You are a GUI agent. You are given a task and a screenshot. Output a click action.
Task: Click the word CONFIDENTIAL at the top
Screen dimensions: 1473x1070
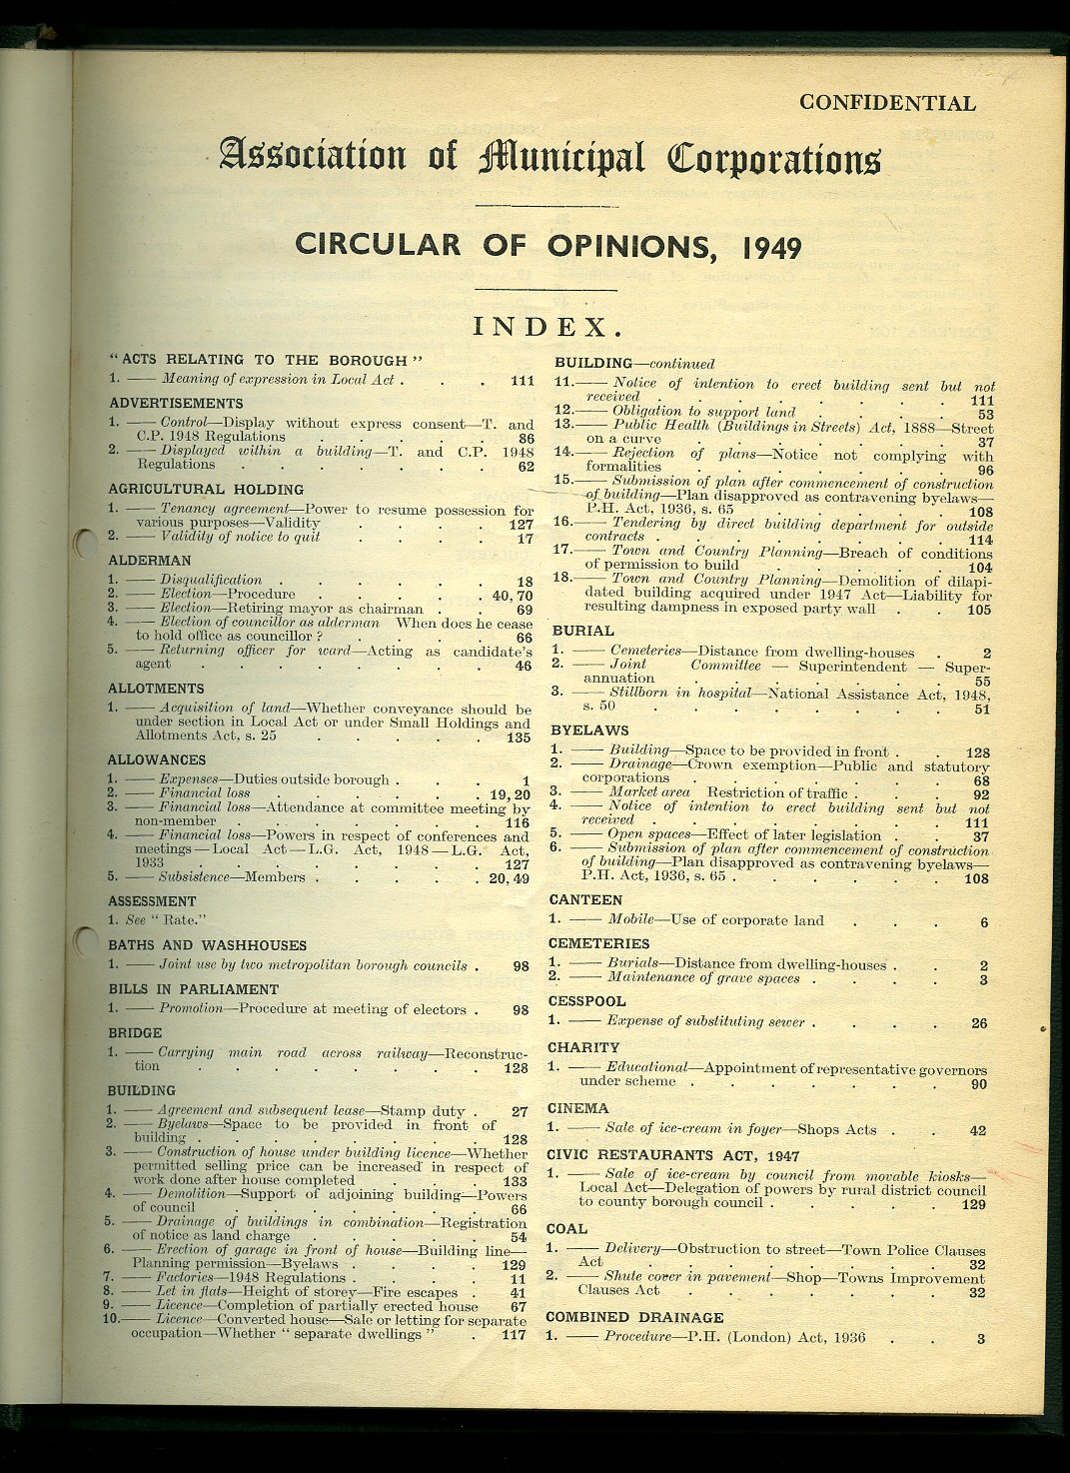(887, 103)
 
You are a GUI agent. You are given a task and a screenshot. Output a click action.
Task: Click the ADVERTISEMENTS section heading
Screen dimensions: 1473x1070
(176, 404)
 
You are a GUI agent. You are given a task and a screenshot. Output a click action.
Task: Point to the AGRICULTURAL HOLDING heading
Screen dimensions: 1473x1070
(206, 490)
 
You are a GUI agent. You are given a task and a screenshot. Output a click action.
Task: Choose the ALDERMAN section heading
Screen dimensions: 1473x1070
(149, 561)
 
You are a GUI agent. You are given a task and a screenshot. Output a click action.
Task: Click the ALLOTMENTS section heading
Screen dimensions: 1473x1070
(156, 689)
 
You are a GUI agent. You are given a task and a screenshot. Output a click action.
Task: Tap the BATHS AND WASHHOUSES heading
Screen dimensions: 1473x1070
(207, 945)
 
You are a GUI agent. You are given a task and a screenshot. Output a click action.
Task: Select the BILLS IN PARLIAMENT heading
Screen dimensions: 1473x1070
(193, 989)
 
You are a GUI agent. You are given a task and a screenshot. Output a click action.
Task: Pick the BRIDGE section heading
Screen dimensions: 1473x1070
(135, 1033)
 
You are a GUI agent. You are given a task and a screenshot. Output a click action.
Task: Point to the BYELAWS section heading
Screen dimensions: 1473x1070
(588, 731)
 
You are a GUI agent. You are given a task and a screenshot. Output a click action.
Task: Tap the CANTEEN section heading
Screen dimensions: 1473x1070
(585, 900)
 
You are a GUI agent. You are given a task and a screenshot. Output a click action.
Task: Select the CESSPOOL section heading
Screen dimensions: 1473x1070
(586, 1001)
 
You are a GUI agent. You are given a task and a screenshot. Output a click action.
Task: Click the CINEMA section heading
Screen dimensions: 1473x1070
(577, 1108)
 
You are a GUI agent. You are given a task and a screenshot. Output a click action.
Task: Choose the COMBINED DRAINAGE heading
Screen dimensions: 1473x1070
(634, 1317)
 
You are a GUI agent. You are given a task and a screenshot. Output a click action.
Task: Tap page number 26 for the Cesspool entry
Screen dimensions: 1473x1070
(979, 1023)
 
